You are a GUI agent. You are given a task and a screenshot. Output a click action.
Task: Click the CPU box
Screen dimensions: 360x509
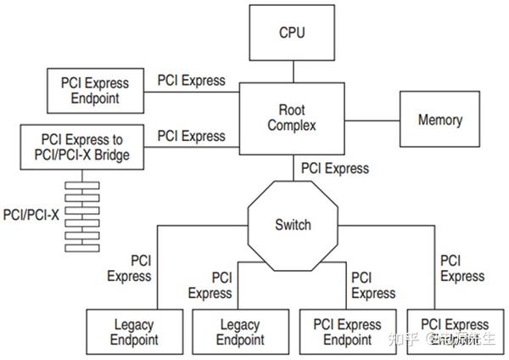point(292,34)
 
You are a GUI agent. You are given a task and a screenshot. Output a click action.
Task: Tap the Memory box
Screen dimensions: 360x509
point(439,120)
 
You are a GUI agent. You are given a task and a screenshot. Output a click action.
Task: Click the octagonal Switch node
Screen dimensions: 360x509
point(293,225)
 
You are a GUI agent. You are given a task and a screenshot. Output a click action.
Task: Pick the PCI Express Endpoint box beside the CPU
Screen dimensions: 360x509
point(94,91)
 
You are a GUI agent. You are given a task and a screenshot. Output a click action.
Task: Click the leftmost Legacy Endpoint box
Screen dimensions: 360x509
point(135,332)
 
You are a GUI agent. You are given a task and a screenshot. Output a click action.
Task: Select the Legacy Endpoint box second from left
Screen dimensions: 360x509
point(240,332)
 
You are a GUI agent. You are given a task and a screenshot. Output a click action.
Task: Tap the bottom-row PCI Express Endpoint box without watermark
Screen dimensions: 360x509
point(347,332)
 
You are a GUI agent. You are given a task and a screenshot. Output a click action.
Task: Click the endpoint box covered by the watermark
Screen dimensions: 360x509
point(454,332)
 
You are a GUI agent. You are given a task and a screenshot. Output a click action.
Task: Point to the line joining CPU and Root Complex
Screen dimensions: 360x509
point(292,71)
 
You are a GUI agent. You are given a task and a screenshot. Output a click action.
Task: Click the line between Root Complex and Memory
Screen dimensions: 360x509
point(372,118)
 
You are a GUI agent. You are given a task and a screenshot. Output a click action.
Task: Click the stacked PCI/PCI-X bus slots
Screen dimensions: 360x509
point(82,216)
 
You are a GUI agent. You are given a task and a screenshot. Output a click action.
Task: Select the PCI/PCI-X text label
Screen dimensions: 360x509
point(31,215)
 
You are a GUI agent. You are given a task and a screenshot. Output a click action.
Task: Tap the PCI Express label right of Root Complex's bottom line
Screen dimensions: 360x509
point(335,168)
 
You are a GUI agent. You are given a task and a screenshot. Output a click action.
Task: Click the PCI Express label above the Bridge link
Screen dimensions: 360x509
point(192,136)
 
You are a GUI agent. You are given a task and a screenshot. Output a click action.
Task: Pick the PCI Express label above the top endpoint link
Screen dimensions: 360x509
point(192,81)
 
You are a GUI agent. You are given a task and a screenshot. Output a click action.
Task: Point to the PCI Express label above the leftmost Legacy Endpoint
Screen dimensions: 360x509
point(129,267)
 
